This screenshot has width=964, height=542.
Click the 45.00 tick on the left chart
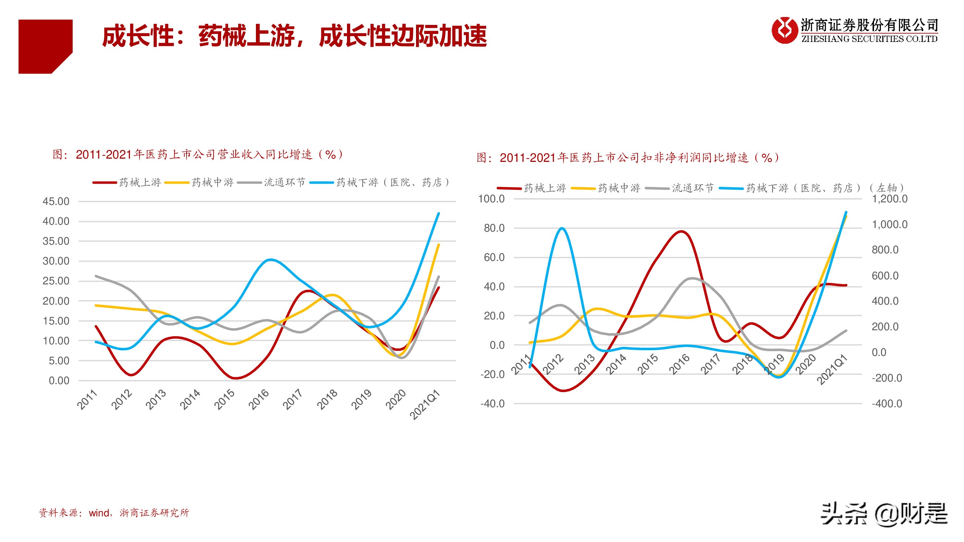[56, 201]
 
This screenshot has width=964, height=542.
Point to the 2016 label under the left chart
[258, 399]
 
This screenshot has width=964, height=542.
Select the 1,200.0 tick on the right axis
[889, 199]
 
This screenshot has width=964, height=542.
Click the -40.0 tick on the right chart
[492, 404]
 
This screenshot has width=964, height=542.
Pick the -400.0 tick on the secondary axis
[887, 404]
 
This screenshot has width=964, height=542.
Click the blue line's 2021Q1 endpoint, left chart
[438, 213]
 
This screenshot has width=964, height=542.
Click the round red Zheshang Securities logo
[784, 30]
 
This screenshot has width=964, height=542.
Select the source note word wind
[99, 513]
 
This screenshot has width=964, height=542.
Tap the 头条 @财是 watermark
[883, 514]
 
